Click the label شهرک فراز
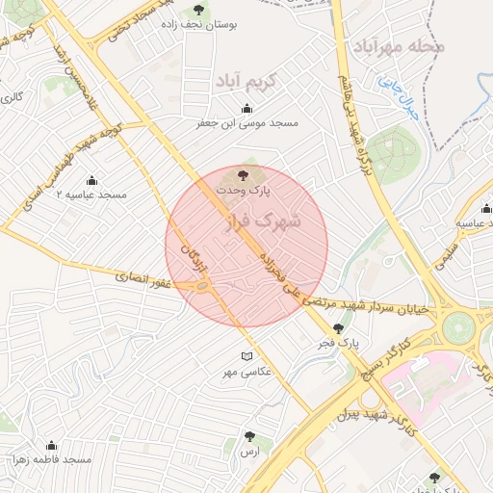pos(262,222)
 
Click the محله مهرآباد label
pos(395,47)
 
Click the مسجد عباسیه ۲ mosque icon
pos(92,180)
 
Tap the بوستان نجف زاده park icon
pos(199,10)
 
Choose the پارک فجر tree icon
pos(337,328)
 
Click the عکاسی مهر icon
pos(246,357)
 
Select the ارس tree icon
pos(250,436)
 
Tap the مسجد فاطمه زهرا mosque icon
pos(51,446)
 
